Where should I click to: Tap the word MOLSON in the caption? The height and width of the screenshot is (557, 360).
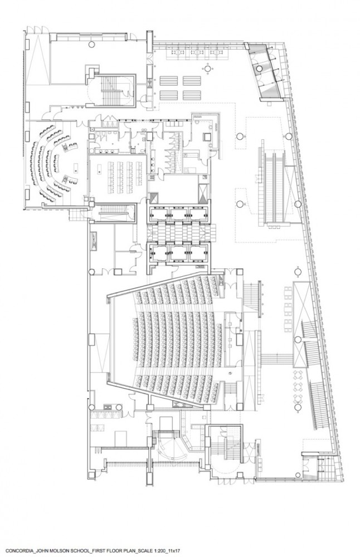pyautogui.click(x=64, y=551)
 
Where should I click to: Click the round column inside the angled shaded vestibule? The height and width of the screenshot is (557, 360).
pyautogui.click(x=260, y=69)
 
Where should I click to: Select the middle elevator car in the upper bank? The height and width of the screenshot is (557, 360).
pyautogui.click(x=178, y=213)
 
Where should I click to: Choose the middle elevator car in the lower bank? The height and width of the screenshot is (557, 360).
pyautogui.click(x=178, y=252)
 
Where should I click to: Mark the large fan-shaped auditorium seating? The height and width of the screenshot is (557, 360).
pyautogui.click(x=177, y=339)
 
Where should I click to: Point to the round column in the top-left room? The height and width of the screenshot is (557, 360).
pyautogui.click(x=91, y=43)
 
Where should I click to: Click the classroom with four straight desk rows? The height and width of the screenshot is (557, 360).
pyautogui.click(x=118, y=176)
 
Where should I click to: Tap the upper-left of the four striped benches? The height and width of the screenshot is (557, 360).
pyautogui.click(x=168, y=81)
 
